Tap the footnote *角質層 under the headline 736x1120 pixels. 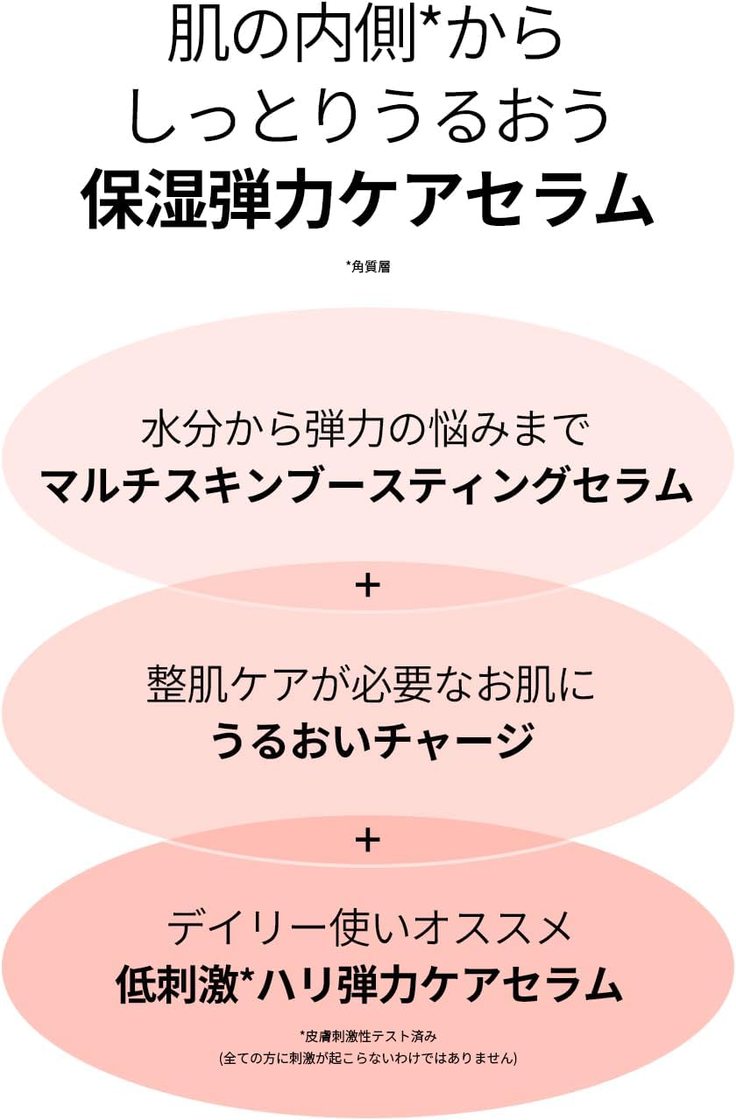368,266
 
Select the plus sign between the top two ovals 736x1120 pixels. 368,586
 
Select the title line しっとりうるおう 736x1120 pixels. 368,118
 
